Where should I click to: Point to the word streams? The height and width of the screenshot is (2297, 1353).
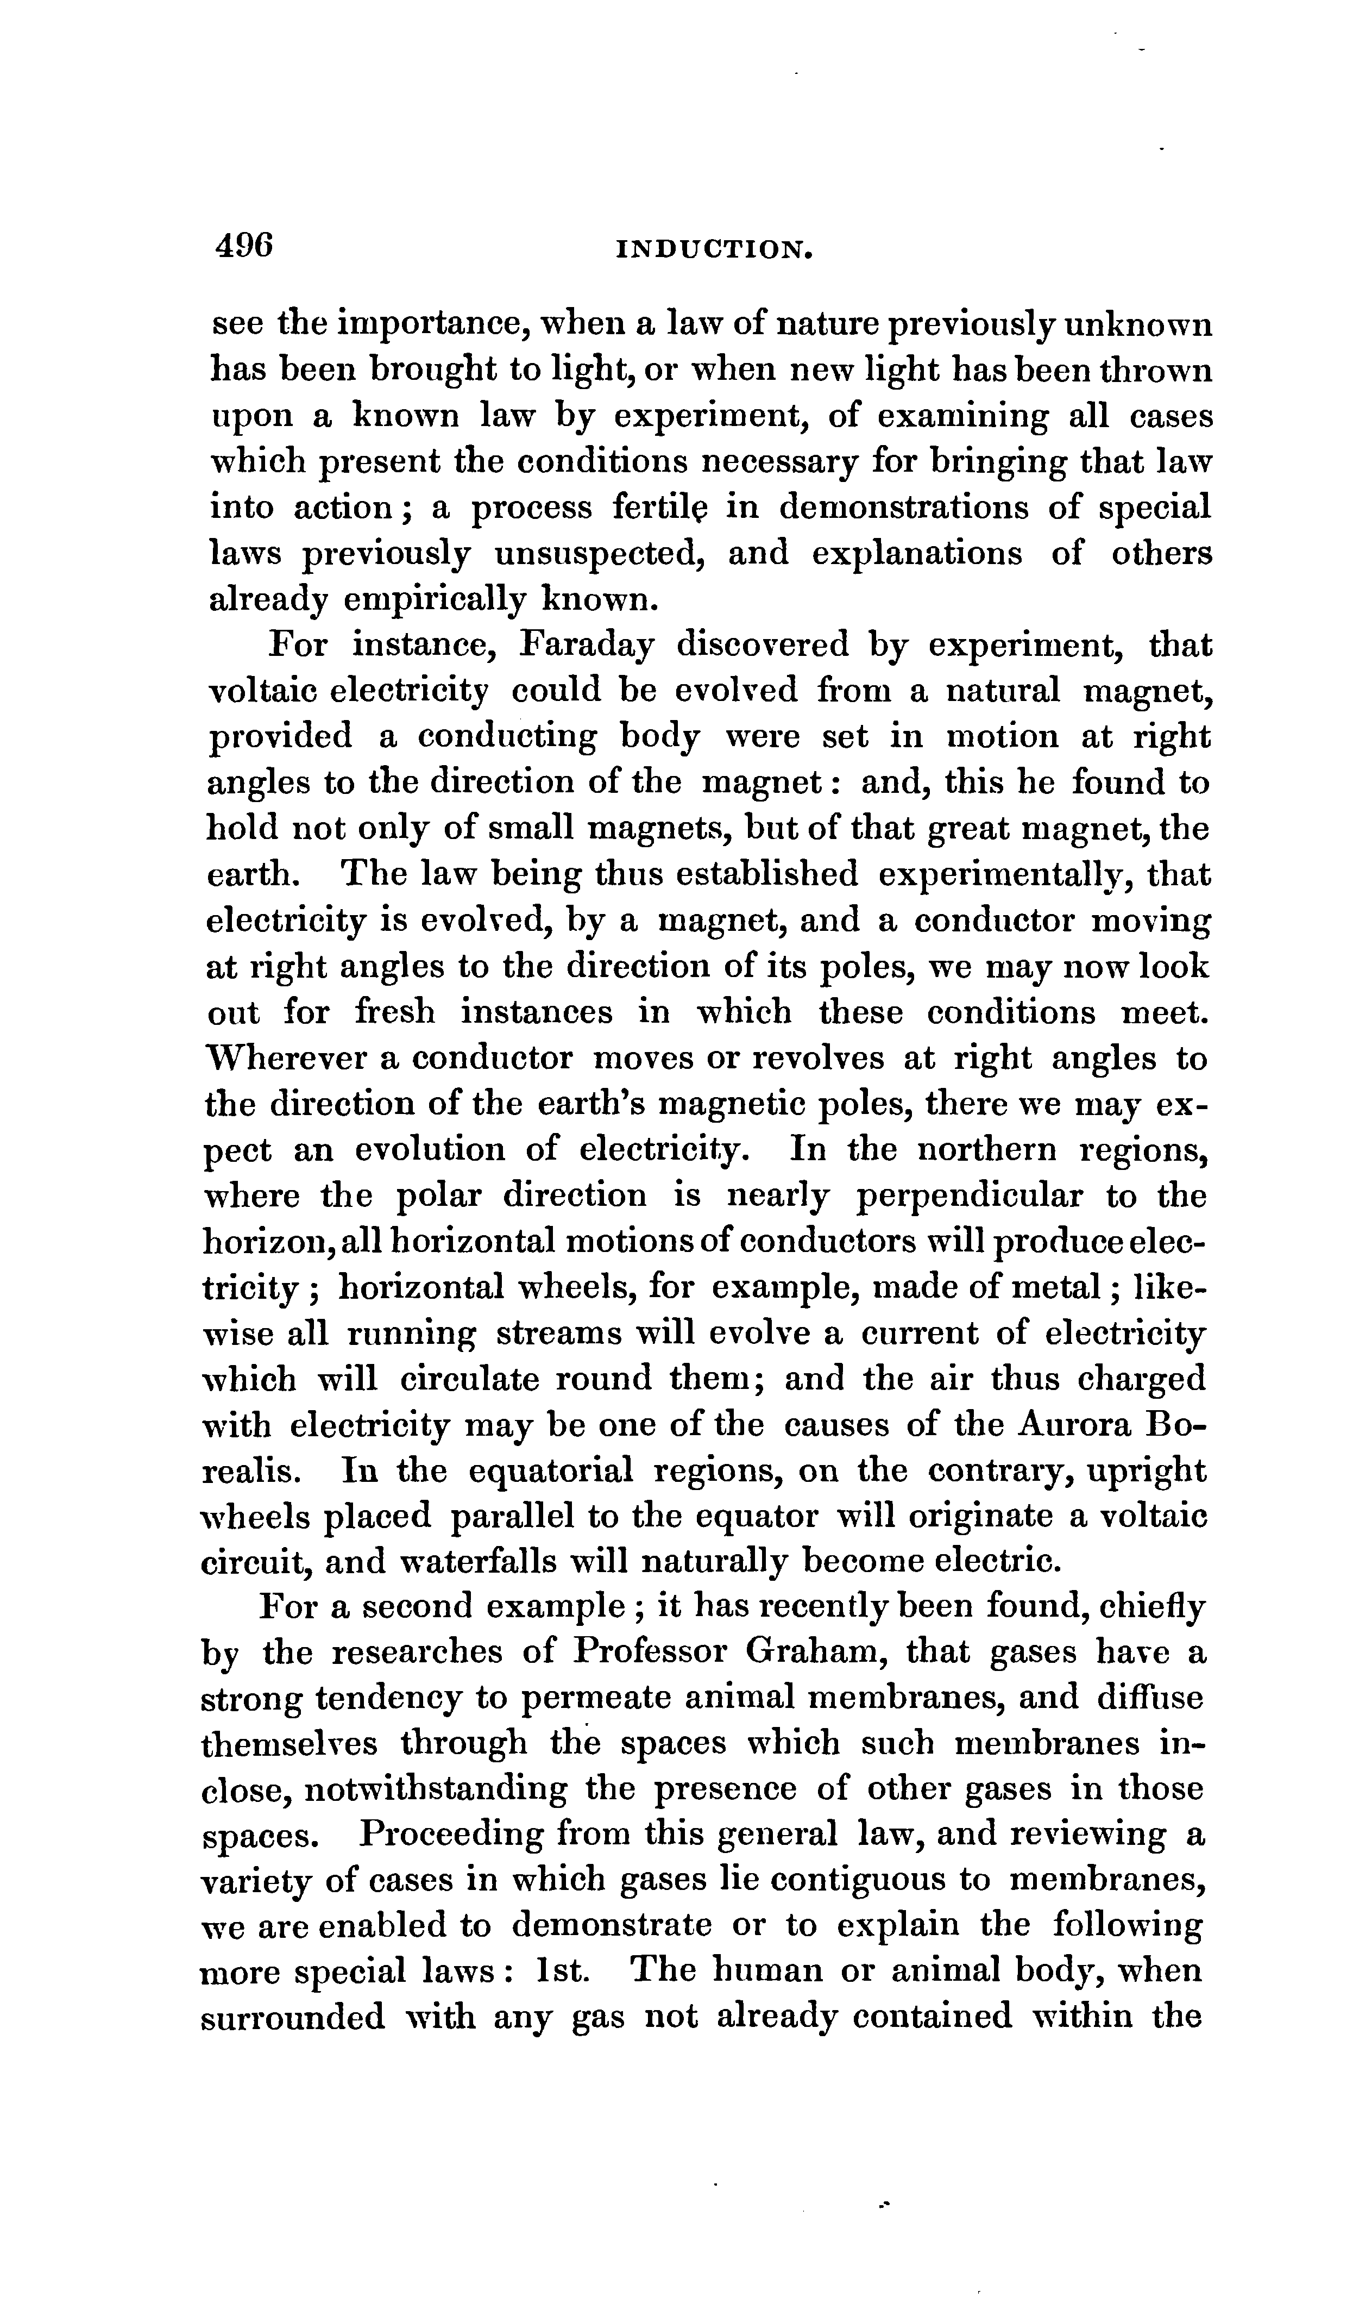[x=552, y=1333]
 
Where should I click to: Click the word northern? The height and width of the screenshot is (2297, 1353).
[x=986, y=1150]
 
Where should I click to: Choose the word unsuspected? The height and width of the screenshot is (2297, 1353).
[x=597, y=554]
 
